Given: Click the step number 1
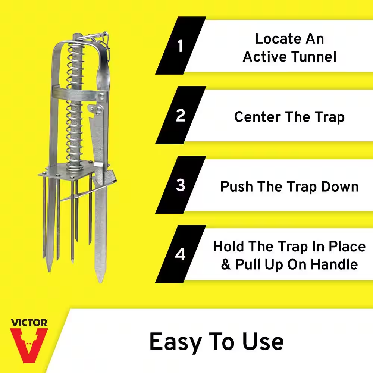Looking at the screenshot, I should pyautogui.click(x=180, y=47).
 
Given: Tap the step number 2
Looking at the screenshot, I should pyautogui.click(x=181, y=116).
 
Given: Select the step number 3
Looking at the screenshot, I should pyautogui.click(x=181, y=185).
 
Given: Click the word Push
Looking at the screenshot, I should pyautogui.click(x=236, y=186).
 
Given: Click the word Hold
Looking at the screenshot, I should pyautogui.click(x=230, y=247).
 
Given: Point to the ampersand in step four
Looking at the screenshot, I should pyautogui.click(x=226, y=264).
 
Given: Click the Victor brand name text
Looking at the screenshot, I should pyautogui.click(x=29, y=322).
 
